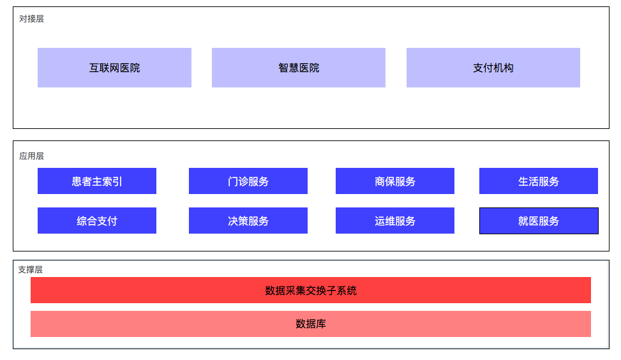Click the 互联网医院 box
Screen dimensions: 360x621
(114, 68)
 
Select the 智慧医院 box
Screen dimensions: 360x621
(298, 68)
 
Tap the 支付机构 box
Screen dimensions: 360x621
(493, 68)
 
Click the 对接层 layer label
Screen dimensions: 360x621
(32, 19)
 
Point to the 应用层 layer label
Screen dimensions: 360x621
(32, 156)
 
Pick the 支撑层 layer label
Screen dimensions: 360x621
(31, 269)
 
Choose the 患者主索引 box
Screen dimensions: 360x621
(97, 181)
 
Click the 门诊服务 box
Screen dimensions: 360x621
(248, 181)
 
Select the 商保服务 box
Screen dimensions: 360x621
(395, 181)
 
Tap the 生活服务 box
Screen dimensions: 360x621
(539, 181)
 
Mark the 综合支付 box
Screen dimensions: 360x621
(97, 221)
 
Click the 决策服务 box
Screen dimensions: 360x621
(248, 221)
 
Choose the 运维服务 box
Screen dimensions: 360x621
(395, 221)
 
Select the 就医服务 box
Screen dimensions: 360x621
(539, 221)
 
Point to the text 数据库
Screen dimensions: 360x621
(311, 324)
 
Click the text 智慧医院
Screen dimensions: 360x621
(299, 68)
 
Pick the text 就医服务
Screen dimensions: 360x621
(539, 221)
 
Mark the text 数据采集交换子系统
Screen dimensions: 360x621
(311, 290)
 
